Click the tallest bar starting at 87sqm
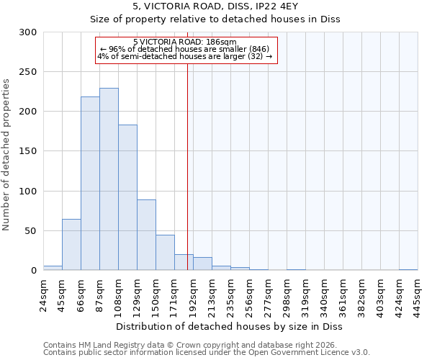pos(109,179)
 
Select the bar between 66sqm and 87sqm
pos(90,184)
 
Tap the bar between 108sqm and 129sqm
pos(127,197)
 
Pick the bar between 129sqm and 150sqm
pos(146,235)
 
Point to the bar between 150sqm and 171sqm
pos(165,253)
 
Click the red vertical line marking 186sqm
pos(187,166)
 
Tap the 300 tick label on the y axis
pos(28,32)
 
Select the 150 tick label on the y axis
pos(28,151)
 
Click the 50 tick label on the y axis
pos(31,231)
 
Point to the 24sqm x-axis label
pos(43,293)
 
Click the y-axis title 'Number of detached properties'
pos(6,155)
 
